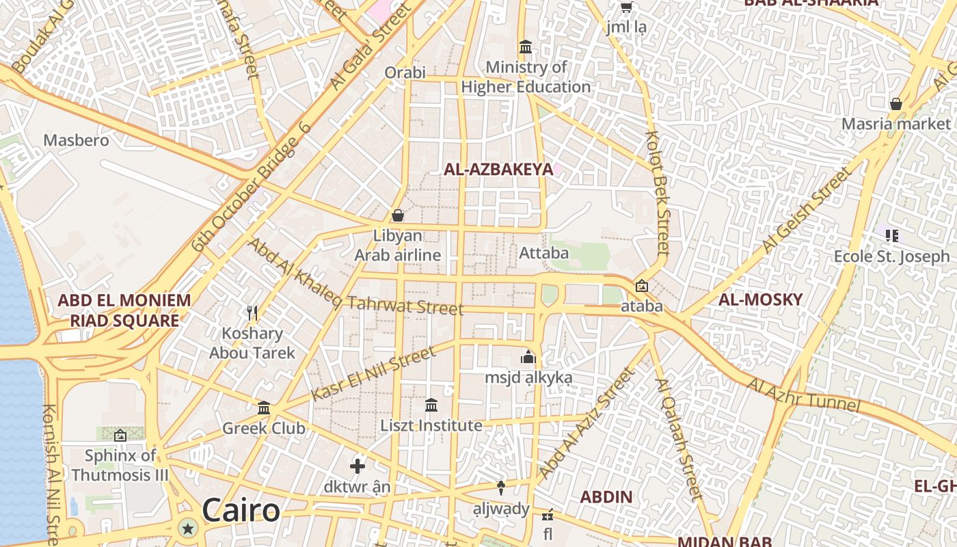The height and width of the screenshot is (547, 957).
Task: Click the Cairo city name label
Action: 241,511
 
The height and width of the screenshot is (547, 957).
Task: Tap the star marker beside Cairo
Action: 187,528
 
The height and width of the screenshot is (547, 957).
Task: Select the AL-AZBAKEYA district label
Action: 498,170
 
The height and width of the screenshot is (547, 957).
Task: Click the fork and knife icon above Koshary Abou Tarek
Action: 252,313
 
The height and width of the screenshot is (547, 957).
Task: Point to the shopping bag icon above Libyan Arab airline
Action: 398,215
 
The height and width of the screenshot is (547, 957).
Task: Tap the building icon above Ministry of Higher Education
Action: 526,47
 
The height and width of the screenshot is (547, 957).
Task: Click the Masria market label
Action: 896,124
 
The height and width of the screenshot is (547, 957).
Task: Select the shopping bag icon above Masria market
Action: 895,104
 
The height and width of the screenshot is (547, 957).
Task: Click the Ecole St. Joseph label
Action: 891,256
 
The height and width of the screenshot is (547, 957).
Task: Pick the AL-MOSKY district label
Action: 760,299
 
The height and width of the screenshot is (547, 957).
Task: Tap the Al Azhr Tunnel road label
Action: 803,395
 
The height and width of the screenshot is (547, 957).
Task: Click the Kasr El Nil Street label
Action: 373,374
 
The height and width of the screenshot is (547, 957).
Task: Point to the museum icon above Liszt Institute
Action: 431,405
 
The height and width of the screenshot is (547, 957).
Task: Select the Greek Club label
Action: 264,429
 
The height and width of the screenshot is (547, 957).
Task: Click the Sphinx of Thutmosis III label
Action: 120,465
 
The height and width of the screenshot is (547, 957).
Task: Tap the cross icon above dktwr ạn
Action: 357,466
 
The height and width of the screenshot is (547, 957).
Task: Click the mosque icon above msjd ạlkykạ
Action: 528,357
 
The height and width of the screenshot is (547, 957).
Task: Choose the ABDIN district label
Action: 606,497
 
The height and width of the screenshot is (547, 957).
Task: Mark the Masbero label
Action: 76,140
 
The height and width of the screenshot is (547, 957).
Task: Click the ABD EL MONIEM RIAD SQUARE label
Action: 124,310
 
